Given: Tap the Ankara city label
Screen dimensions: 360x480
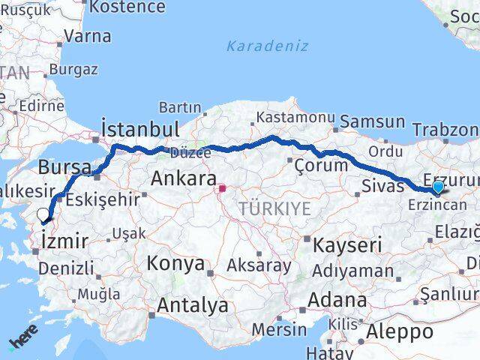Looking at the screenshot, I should (x=184, y=178).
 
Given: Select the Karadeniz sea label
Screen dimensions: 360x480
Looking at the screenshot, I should (x=268, y=46).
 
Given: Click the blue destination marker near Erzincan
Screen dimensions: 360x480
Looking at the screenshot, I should (x=437, y=187).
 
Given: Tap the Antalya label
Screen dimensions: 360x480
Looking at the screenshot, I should (x=193, y=305).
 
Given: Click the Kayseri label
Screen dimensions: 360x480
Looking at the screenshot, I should (x=347, y=244).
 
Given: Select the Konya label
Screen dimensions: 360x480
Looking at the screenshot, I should (x=175, y=264).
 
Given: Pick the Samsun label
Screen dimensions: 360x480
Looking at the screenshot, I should (x=373, y=121).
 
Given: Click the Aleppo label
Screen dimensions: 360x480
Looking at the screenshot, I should (x=400, y=331).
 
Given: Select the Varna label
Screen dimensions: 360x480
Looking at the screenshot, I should (x=87, y=35).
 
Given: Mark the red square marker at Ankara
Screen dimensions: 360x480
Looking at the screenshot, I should (x=222, y=187).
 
